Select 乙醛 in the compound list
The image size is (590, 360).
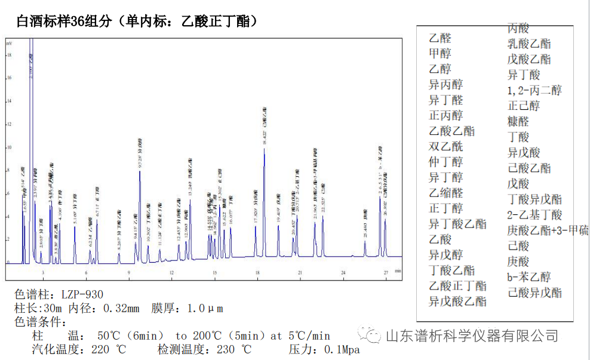440,38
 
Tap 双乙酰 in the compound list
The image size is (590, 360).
445,146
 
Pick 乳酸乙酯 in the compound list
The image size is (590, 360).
529,44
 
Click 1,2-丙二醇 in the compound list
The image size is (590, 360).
534,90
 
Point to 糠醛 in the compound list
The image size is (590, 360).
518,121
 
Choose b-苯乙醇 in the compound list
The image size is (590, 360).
529,276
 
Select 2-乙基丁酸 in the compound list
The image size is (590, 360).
534,214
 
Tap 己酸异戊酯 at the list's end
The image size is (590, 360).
534,292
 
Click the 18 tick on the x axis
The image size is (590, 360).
257,273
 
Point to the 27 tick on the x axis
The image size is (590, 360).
386,273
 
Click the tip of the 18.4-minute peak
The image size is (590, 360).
264,149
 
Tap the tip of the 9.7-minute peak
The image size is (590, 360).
140,171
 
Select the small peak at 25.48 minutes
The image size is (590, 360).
365,241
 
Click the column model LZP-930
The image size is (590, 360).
81,294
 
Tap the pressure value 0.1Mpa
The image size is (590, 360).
340,349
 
